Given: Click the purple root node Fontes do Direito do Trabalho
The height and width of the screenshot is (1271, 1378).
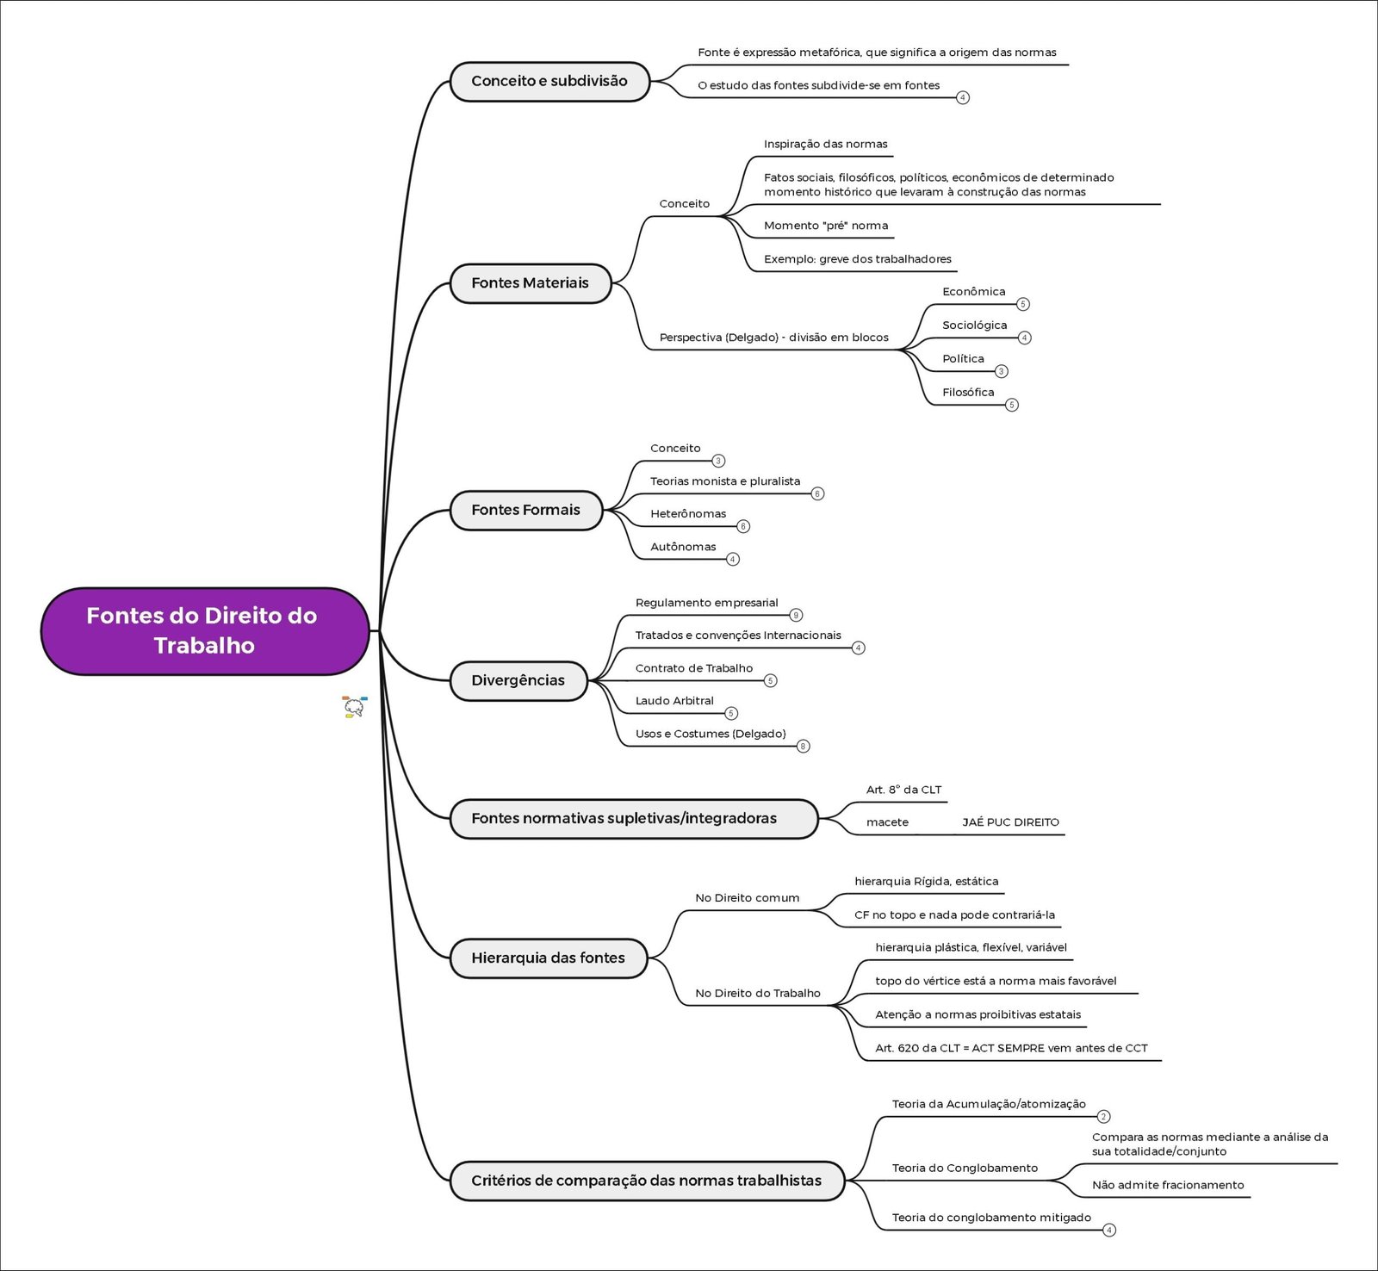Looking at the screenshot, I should (205, 630).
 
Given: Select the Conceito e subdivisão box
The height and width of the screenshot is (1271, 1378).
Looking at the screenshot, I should (549, 81).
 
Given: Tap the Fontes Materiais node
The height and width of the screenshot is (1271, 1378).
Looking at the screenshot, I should (530, 283).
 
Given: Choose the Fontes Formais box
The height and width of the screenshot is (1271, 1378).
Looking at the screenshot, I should (525, 510).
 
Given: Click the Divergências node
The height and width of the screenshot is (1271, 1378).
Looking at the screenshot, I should (518, 680).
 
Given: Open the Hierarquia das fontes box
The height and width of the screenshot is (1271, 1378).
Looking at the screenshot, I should (548, 958).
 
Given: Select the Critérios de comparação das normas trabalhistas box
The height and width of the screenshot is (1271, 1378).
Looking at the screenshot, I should (646, 1181).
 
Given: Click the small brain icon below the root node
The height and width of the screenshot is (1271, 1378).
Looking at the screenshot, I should (354, 707).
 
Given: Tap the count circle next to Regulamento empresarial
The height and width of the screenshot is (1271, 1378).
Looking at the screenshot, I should (796, 615).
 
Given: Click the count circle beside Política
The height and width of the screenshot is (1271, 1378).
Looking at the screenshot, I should (1001, 371).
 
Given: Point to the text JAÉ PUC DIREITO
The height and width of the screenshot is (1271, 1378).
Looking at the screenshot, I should (1010, 822).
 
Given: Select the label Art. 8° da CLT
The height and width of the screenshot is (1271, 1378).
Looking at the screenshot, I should (903, 790).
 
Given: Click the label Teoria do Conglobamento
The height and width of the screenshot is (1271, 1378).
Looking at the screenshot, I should (965, 1168).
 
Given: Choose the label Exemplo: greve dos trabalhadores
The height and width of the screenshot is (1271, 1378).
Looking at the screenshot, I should (857, 259).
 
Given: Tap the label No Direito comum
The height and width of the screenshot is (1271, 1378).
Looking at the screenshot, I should (747, 898).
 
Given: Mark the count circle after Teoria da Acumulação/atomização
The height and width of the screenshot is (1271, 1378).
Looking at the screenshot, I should (1103, 1117).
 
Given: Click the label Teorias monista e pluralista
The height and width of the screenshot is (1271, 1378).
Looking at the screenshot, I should (725, 481).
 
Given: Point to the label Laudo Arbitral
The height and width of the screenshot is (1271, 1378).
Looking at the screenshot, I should (674, 701).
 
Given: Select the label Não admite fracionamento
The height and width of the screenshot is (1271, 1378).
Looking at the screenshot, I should (1168, 1185).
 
